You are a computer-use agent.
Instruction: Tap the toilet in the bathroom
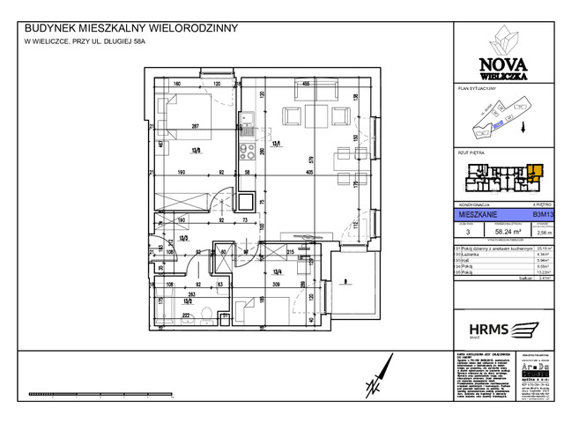[204, 314]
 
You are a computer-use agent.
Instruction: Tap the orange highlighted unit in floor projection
[537, 171]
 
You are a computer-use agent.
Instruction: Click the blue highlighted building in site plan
[498, 126]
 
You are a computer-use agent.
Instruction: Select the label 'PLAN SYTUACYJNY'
[479, 90]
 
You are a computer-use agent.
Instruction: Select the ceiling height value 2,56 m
[545, 234]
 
